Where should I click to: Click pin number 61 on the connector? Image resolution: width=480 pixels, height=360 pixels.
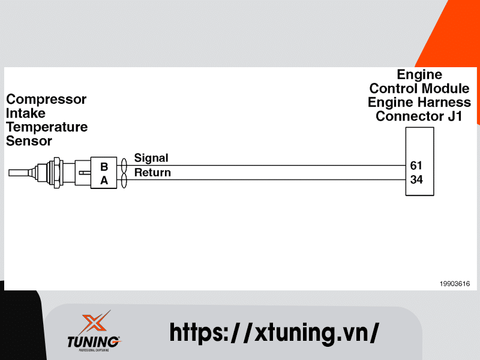[416, 165]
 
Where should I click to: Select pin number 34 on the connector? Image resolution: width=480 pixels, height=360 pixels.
[416, 179]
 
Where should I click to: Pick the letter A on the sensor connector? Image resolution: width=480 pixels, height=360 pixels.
[104, 180]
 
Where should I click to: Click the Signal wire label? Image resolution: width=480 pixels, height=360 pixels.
[151, 158]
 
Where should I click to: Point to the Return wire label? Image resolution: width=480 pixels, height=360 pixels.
[152, 173]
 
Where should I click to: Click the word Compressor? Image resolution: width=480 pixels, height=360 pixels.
[46, 100]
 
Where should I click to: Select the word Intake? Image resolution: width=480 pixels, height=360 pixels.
[26, 113]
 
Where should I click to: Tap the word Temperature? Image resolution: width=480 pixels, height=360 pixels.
[47, 127]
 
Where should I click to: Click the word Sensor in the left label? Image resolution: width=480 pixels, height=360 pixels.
[29, 141]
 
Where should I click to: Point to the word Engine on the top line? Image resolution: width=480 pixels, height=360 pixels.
[419, 75]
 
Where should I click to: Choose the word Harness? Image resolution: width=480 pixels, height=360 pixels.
[445, 103]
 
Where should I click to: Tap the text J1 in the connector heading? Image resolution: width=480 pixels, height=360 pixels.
[455, 116]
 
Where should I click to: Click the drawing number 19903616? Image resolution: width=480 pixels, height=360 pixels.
[455, 284]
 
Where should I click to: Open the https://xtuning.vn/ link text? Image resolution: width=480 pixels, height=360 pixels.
[274, 332]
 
